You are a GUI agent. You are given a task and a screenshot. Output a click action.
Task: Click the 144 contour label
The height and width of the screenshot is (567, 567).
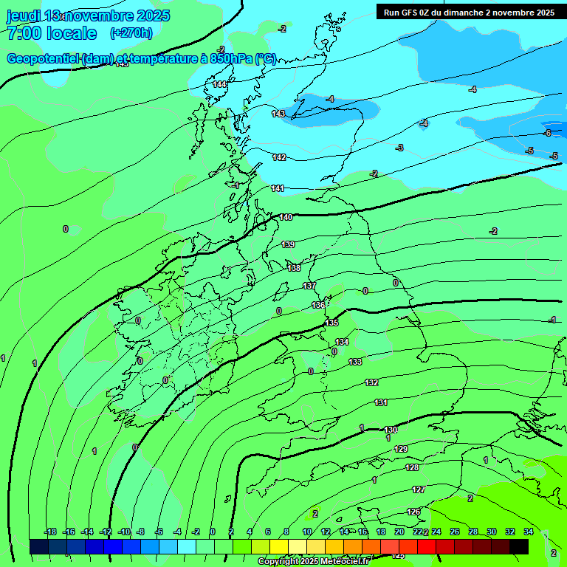point(219,84)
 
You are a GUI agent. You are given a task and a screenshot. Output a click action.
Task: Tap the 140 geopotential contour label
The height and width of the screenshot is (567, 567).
point(286,217)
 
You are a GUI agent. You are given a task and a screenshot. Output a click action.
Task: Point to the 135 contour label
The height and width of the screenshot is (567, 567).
point(332,323)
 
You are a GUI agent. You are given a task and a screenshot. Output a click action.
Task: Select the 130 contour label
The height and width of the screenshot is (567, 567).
point(391,430)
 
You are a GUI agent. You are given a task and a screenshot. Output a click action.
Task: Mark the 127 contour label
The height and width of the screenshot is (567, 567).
point(419,489)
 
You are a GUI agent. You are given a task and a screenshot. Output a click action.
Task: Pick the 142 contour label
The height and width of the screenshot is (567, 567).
point(279,157)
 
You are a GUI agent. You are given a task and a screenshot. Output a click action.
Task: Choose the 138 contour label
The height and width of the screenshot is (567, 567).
point(294,268)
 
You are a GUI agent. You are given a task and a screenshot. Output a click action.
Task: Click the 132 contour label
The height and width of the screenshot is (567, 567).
point(371,382)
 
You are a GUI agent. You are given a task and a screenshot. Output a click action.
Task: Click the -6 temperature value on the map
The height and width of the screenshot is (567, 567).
point(547,133)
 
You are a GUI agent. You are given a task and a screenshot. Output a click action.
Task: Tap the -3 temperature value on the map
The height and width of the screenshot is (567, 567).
point(399,148)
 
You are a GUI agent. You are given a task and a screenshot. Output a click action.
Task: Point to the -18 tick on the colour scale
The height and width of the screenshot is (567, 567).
point(50,532)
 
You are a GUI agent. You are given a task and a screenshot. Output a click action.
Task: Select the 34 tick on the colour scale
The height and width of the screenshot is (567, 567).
point(529,532)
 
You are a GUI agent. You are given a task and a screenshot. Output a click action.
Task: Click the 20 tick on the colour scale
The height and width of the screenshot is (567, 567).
point(399,532)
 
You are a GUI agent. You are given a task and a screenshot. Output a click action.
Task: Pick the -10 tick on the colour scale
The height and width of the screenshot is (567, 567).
point(124,532)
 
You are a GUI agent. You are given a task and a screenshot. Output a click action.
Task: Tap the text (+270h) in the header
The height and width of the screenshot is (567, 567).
point(131,32)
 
